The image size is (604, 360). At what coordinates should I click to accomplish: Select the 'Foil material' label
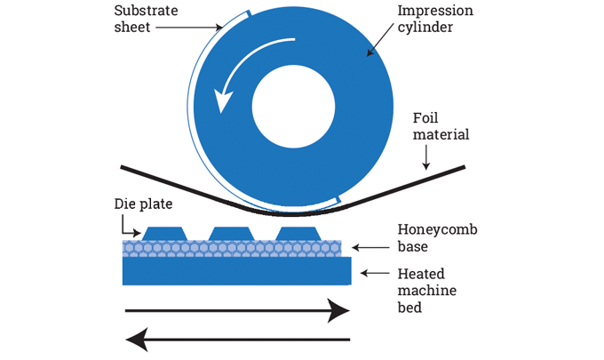tap(441, 126)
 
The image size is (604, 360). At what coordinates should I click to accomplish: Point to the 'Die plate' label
tap(144, 204)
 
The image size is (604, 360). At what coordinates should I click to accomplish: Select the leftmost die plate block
tap(166, 234)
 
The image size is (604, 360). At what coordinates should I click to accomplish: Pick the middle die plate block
tap(232, 234)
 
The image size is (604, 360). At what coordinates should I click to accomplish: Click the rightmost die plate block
tap(297, 234)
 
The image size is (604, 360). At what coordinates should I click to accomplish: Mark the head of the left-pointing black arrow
tap(138, 339)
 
